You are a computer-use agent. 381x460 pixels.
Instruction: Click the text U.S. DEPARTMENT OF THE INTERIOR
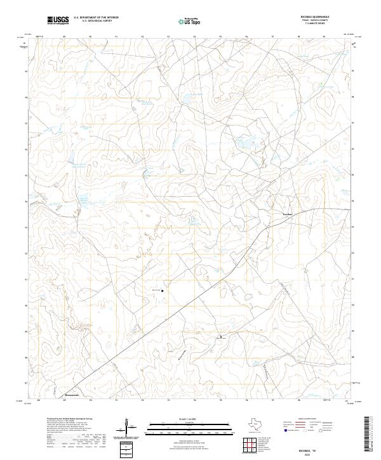[96, 18]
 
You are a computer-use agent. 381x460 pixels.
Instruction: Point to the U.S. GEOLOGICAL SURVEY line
[96, 21]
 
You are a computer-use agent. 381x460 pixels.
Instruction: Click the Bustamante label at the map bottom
[74, 394]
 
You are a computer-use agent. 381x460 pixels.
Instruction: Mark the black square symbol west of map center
[163, 291]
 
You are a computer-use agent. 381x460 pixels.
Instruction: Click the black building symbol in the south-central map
[221, 336]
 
